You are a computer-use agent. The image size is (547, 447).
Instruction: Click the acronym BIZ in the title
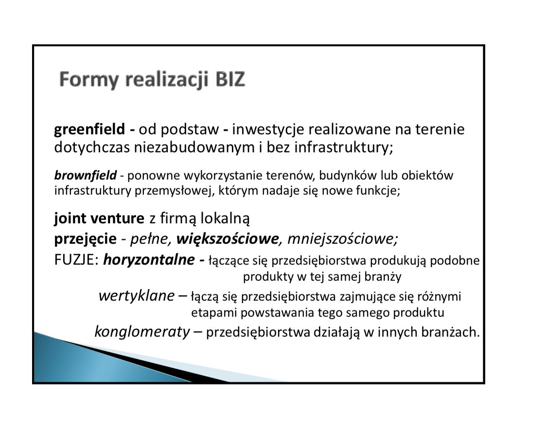[230, 79]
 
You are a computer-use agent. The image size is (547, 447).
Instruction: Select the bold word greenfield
[89, 129]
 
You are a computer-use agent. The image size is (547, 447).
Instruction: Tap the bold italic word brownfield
[86, 175]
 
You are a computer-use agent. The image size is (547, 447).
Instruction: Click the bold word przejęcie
[86, 239]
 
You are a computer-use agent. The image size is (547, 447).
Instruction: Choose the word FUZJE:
[77, 260]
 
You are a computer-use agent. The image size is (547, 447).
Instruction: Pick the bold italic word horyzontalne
[149, 260]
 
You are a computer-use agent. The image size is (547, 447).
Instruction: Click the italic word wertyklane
[137, 296]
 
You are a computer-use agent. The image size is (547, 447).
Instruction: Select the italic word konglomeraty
[142, 332]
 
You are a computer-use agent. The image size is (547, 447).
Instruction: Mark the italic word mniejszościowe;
[343, 239]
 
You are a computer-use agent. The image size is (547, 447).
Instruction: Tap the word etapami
[214, 313]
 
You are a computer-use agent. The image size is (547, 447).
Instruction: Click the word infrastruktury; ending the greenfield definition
[344, 147]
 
